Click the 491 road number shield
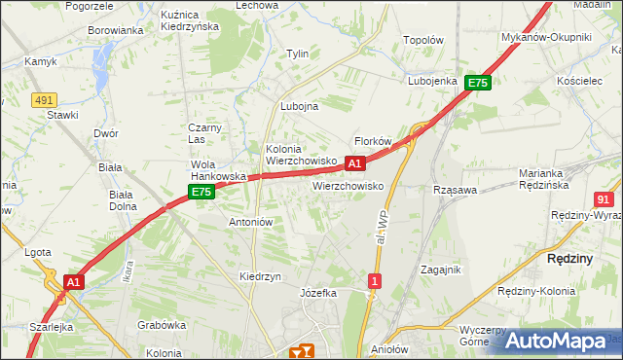coord(43,99)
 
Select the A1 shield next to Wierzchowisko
coord(355,163)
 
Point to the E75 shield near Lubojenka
coord(477,84)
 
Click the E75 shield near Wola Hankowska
coord(201,193)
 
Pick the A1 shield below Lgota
coord(73,281)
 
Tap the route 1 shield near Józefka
coord(374,281)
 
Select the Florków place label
coord(373,141)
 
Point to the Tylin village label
coord(296,54)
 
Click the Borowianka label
coord(116,30)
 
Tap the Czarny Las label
coord(206,133)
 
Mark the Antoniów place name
coord(250,222)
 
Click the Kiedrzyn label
coord(260,276)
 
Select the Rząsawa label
coord(455,191)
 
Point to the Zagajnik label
coord(440,269)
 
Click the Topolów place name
coord(423,41)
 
